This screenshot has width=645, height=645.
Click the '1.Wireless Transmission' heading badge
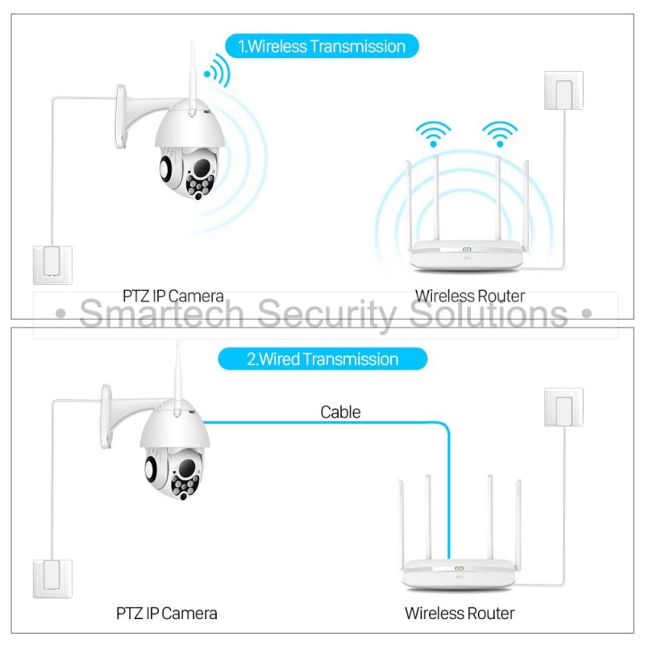pyautogui.click(x=322, y=46)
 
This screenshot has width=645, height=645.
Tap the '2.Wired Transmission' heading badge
pyautogui.click(x=322, y=359)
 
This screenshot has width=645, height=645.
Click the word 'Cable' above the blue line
pyautogui.click(x=340, y=412)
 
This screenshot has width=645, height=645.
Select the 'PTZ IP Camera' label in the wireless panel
pyautogui.click(x=173, y=296)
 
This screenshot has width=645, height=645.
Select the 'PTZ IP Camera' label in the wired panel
pyautogui.click(x=166, y=614)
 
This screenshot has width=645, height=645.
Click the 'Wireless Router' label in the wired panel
pyautogui.click(x=460, y=614)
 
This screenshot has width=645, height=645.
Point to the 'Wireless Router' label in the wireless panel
pyautogui.click(x=470, y=296)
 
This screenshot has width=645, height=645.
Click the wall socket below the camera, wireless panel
pyautogui.click(x=52, y=265)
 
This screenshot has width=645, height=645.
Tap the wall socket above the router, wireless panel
pyautogui.click(x=564, y=90)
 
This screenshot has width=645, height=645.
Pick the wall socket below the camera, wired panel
pyautogui.click(x=52, y=579)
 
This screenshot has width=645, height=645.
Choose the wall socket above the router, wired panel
pyautogui.click(x=564, y=407)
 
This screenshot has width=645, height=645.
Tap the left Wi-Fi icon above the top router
pyautogui.click(x=433, y=134)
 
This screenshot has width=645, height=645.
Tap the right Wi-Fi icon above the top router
pyautogui.click(x=500, y=134)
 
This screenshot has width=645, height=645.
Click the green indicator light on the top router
pyautogui.click(x=466, y=249)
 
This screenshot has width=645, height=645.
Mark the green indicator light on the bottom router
pyautogui.click(x=459, y=568)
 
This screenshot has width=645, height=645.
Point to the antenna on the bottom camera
pyautogui.click(x=177, y=378)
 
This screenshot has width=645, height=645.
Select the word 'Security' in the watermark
pyautogui.click(x=327, y=314)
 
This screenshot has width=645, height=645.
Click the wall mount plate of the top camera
pyautogui.click(x=120, y=116)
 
